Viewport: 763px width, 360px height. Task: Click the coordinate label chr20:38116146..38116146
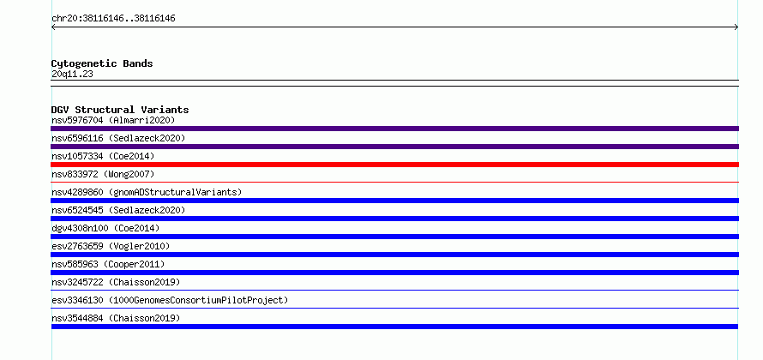[113, 19]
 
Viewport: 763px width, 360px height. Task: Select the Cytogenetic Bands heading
[102, 63]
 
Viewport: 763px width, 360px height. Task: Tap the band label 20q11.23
[72, 74]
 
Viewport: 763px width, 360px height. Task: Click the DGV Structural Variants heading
[120, 110]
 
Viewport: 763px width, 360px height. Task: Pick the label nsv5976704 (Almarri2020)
[113, 120]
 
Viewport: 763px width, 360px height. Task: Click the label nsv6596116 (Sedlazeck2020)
[118, 138]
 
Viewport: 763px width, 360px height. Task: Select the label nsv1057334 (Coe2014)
[103, 156]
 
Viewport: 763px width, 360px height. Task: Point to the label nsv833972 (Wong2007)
[103, 174]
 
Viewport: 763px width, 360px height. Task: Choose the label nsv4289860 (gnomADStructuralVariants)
[147, 192]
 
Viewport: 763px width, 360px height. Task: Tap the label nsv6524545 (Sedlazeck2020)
[118, 210]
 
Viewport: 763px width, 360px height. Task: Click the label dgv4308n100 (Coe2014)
[105, 228]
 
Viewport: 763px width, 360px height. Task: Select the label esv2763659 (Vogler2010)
[111, 246]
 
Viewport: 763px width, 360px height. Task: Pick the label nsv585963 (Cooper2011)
[108, 264]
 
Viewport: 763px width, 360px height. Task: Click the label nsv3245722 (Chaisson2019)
[116, 282]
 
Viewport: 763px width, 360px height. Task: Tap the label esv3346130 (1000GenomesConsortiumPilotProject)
[170, 300]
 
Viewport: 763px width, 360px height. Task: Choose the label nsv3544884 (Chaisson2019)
[116, 318]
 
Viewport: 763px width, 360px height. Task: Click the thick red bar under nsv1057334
[394, 165]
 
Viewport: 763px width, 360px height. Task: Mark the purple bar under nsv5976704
[394, 129]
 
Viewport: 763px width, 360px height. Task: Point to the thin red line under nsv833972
[394, 182]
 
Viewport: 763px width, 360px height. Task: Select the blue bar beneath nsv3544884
[394, 327]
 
